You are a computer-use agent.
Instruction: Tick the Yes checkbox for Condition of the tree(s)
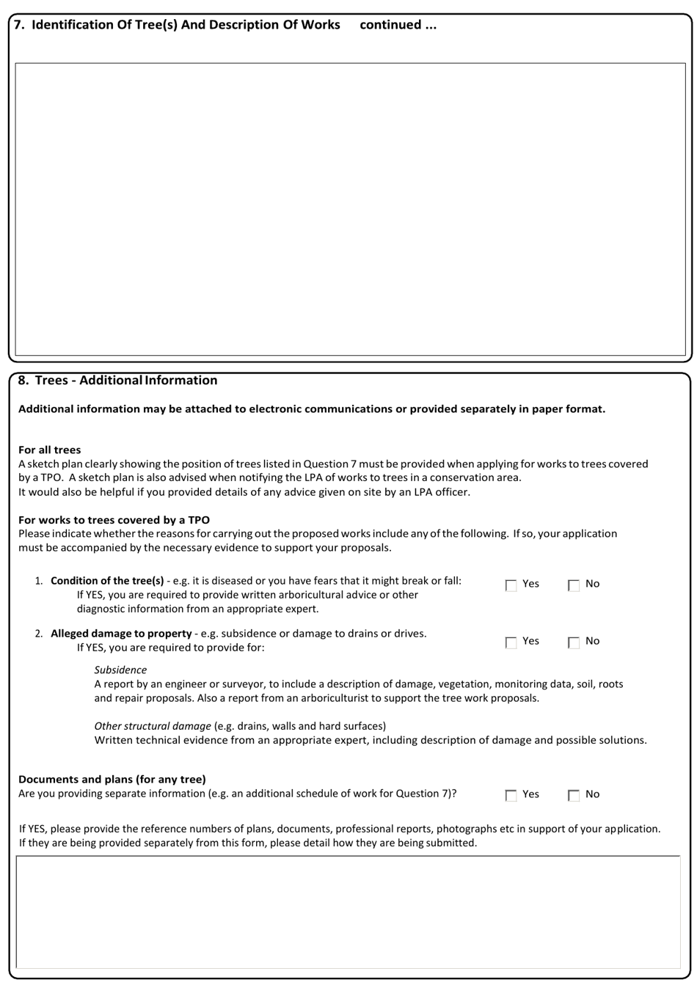coord(511,585)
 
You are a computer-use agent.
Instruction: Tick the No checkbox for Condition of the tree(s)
coord(574,585)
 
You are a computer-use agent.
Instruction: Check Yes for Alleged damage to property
coord(511,642)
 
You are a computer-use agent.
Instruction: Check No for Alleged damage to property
coord(574,642)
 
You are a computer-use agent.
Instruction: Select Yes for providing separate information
coord(511,795)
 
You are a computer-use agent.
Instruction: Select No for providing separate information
coord(574,795)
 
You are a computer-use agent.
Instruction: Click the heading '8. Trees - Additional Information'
coord(117,381)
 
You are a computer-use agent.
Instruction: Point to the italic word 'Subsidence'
coord(120,670)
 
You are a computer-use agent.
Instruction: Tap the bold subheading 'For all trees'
coord(49,450)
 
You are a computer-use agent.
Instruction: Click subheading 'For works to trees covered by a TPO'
coord(114,520)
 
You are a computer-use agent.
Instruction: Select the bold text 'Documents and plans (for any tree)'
coord(112,779)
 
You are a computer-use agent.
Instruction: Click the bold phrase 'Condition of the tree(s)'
coord(107,581)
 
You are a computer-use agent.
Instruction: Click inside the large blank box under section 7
coord(350,209)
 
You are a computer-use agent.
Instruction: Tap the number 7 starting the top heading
coord(18,25)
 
